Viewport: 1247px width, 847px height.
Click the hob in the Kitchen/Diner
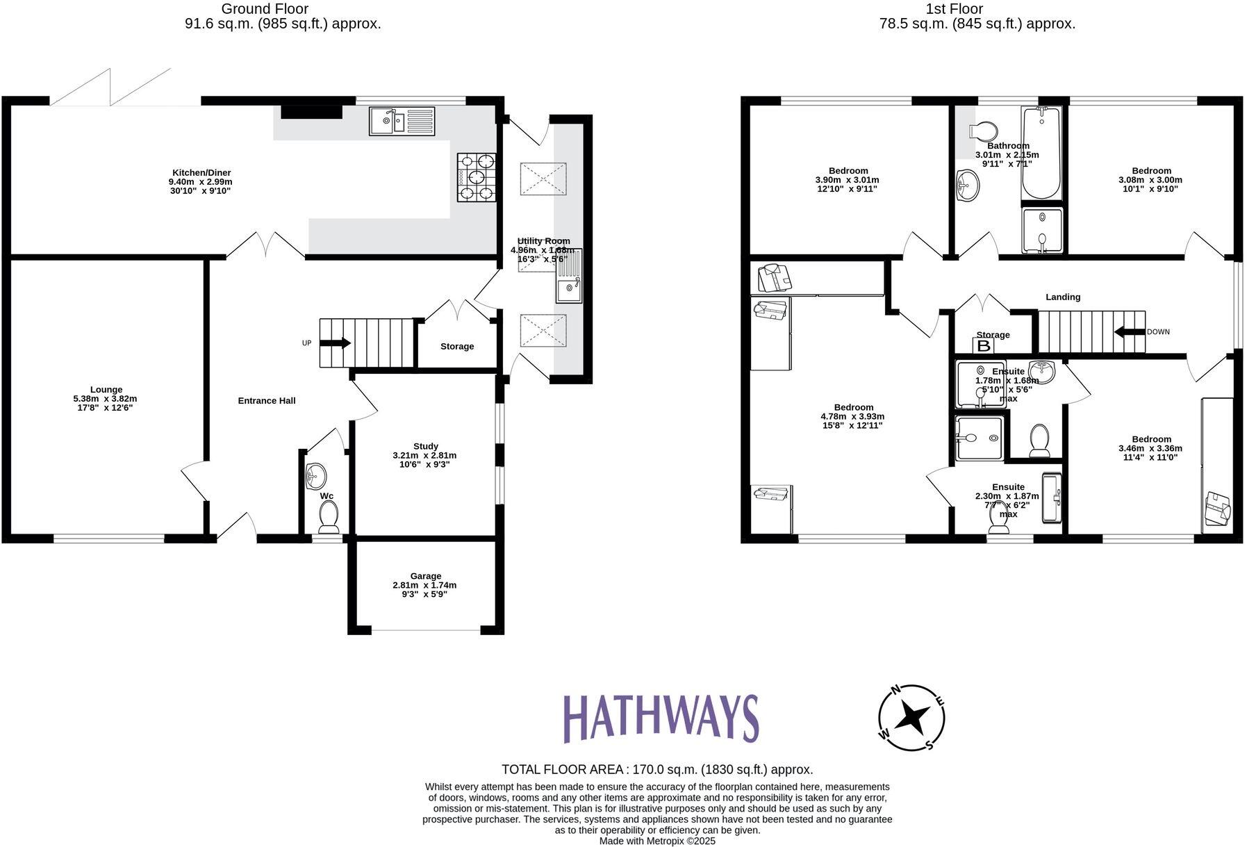pos(477,177)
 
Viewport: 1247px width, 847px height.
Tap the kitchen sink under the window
pos(401,121)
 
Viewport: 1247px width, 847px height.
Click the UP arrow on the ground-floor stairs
pos(336,343)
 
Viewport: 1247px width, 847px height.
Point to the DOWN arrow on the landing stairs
pos(1130,331)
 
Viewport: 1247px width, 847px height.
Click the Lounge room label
pos(106,390)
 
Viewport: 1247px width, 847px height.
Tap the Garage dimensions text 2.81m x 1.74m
pos(424,585)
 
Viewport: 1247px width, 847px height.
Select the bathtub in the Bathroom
pos(1041,152)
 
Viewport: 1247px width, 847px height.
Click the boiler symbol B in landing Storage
pos(984,345)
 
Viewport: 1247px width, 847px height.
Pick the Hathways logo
pos(660,718)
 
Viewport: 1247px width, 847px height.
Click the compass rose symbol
pos(911,717)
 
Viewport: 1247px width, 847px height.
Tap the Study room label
pos(425,446)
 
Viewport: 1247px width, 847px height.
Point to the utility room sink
pos(569,276)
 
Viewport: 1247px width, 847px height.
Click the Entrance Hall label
pos(267,401)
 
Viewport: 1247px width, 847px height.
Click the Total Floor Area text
pos(657,769)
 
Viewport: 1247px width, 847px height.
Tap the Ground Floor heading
pos(265,9)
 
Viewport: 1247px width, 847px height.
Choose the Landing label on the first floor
pos(1063,297)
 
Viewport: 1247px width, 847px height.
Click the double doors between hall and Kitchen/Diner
pos(266,245)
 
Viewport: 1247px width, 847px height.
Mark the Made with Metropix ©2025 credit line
pos(657,841)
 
